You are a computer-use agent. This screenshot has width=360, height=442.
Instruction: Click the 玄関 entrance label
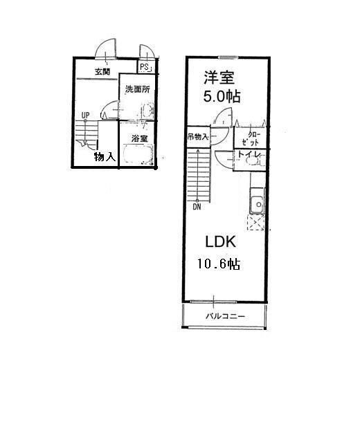(102, 72)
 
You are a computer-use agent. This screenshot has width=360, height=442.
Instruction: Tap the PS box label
(145, 67)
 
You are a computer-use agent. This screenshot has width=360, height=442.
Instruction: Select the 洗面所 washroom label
(137, 90)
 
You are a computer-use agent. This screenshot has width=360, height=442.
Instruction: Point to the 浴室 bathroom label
(139, 138)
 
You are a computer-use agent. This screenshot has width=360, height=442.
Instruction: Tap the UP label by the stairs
(85, 116)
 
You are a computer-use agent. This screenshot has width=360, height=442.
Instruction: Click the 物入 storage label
(105, 157)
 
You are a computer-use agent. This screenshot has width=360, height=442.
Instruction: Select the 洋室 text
(222, 75)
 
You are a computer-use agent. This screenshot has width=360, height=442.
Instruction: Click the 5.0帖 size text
(222, 97)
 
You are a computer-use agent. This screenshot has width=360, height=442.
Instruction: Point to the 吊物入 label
(197, 137)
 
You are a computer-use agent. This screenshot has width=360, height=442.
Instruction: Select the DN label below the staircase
(197, 205)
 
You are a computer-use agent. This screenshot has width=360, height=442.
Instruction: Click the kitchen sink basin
(257, 204)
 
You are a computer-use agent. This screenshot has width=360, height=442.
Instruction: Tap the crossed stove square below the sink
(256, 223)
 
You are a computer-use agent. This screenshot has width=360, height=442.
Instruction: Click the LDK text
(221, 242)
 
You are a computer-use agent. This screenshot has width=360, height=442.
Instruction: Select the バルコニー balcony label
(223, 316)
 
